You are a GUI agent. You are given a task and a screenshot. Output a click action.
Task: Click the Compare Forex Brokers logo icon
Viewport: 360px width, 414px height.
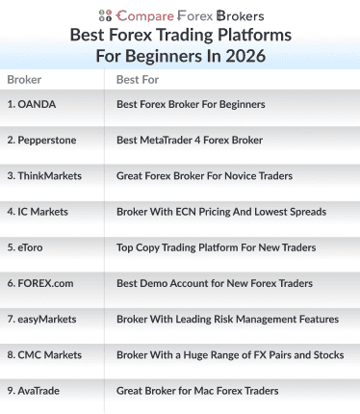[105, 15]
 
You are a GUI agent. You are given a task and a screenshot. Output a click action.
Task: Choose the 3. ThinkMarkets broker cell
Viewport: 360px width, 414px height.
[44, 175]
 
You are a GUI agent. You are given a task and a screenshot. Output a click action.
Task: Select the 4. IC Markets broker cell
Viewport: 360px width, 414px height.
[39, 211]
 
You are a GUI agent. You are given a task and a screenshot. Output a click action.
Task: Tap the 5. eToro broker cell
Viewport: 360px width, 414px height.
[25, 247]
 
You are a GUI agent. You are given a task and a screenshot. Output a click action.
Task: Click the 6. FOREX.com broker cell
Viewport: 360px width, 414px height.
[38, 283]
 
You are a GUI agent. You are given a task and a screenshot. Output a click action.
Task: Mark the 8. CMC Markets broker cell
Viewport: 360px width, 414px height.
[44, 355]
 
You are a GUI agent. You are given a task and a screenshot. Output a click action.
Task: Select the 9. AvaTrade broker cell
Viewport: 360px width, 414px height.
[37, 391]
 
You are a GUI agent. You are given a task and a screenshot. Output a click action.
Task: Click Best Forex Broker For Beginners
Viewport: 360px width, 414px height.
[190, 103]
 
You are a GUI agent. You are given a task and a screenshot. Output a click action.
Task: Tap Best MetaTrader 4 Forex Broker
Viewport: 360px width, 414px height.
[189, 140]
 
